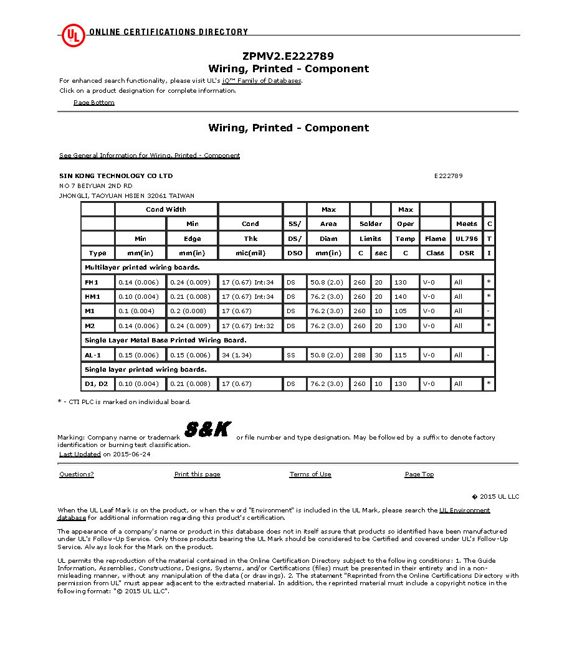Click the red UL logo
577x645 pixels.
[73, 35]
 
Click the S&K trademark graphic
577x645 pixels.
[208, 429]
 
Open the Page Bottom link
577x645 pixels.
[94, 103]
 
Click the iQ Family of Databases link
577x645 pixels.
[262, 81]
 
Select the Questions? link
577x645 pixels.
[77, 474]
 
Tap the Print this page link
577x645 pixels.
[197, 474]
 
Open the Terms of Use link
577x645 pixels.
[310, 474]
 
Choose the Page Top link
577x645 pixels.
[419, 474]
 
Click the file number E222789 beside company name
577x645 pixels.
[449, 176]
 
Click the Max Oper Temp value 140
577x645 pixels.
[400, 296]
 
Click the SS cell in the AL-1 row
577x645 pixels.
[291, 355]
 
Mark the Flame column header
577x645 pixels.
[436, 238]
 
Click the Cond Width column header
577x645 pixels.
[166, 209]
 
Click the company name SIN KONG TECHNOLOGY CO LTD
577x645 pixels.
[116, 176]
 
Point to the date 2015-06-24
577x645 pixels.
[131, 454]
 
